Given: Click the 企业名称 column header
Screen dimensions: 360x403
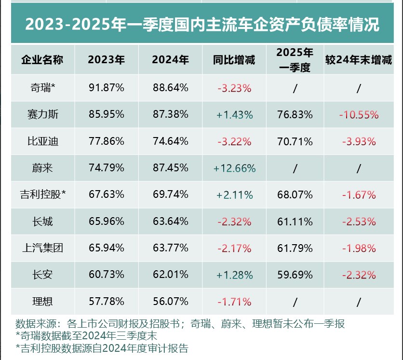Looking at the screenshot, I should click(x=42, y=60).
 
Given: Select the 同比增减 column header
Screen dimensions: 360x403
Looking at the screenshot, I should click(x=234, y=60).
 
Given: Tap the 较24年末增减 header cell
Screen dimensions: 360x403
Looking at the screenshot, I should click(x=359, y=60).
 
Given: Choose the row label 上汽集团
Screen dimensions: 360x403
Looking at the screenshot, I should click(x=42, y=249).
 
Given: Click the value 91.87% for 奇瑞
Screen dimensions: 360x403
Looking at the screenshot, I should click(x=107, y=88).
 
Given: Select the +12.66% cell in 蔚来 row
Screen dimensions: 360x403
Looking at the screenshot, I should click(x=234, y=168).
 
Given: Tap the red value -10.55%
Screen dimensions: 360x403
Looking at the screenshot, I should click(x=359, y=115).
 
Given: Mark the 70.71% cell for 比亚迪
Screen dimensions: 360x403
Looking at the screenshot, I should click(x=295, y=141).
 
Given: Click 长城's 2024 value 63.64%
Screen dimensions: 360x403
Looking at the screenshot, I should click(x=170, y=222).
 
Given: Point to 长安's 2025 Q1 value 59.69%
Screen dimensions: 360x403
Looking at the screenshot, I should click(x=295, y=275).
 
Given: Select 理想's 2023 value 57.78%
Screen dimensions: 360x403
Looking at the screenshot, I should click(x=107, y=302).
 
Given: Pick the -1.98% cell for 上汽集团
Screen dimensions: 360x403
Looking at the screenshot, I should click(x=359, y=249).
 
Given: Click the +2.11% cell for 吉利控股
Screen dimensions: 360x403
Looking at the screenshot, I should click(x=234, y=195).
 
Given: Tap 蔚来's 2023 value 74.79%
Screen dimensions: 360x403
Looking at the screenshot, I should click(x=107, y=168).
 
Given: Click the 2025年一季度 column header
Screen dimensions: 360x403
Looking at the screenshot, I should click(x=296, y=60).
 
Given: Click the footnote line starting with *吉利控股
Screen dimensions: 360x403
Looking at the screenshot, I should click(x=102, y=348).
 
